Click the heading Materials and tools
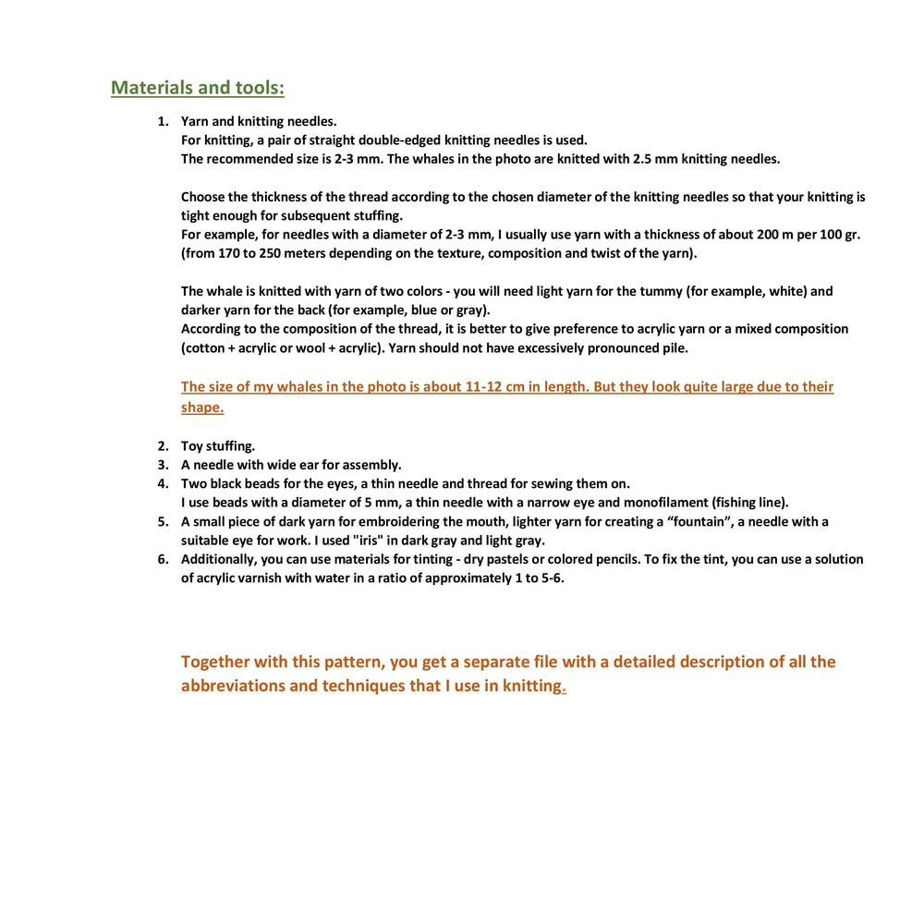197,88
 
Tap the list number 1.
162,121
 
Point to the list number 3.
162,465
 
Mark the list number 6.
162,560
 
